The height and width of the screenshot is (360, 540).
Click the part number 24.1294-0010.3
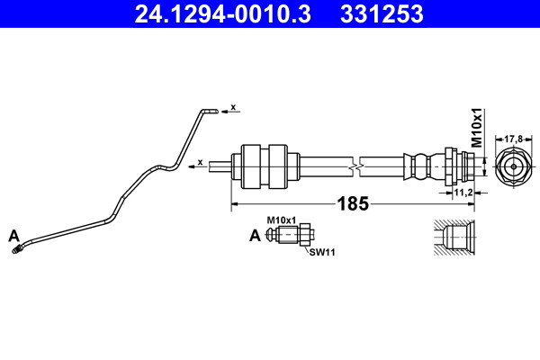coord(223,14)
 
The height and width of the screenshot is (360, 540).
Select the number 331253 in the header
coord(382,14)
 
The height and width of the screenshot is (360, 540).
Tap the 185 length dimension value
coord(354,203)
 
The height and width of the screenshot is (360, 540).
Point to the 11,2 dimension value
coord(463,193)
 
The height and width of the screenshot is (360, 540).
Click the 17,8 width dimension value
coord(514,139)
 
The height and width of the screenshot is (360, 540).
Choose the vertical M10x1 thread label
coord(477,128)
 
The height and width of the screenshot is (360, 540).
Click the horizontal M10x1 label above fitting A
coord(282,220)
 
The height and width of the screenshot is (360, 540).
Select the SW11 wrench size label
coord(322,252)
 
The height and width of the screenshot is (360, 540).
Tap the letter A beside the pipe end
coord(14,236)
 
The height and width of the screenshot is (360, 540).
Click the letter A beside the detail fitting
coord(255,236)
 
